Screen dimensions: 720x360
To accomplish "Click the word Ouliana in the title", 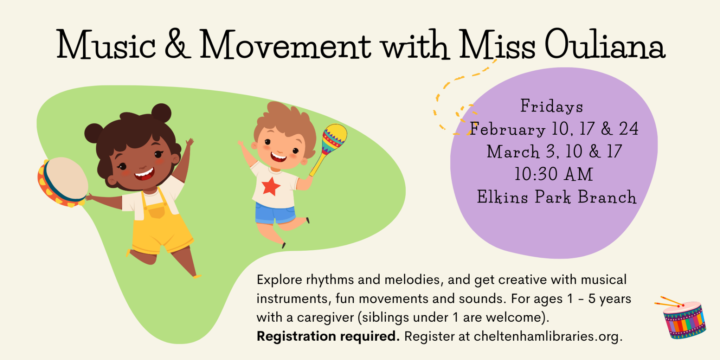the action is [x=605, y=44].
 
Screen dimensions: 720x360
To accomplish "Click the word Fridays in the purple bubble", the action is [x=552, y=106].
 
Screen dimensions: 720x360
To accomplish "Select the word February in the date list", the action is [x=508, y=129].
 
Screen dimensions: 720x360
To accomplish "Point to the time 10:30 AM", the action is [x=554, y=174].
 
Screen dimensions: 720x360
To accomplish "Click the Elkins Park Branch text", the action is [x=557, y=197].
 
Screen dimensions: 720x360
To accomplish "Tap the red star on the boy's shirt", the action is [x=271, y=186].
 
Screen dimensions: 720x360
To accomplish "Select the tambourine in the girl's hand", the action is [x=63, y=182].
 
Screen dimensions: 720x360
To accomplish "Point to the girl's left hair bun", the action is [x=94, y=133].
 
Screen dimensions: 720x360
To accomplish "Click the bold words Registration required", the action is [x=328, y=336].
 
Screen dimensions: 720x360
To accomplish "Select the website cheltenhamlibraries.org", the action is [x=548, y=336].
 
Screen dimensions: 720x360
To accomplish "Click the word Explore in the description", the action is [x=279, y=280].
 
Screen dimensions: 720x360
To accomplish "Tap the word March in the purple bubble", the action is [x=513, y=152].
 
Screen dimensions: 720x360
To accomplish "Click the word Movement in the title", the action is [x=285, y=44].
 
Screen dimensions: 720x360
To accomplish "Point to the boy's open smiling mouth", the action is [x=278, y=157].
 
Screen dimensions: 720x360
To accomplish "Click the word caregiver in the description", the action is [x=325, y=318].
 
